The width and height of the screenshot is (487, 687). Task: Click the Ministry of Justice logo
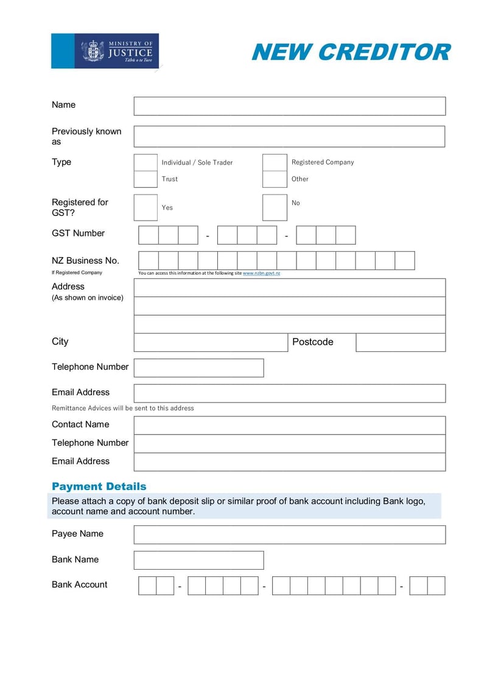pyautogui.click(x=105, y=51)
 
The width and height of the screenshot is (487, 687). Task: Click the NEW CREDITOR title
pyautogui.click(x=351, y=52)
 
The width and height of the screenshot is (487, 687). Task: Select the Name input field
pyautogui.click(x=289, y=106)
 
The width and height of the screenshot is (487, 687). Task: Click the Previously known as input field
pyautogui.click(x=289, y=136)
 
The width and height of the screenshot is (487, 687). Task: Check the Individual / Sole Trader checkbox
pyautogui.click(x=145, y=162)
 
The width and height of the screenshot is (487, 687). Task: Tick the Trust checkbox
pyautogui.click(x=145, y=179)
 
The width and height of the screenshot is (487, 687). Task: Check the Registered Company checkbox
pyautogui.click(x=275, y=162)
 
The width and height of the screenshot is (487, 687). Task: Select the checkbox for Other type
pyautogui.click(x=275, y=179)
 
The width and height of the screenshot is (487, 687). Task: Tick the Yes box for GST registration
pyautogui.click(x=145, y=207)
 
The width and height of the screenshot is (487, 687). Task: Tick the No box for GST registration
pyautogui.click(x=275, y=207)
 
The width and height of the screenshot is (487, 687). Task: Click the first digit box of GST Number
pyautogui.click(x=149, y=235)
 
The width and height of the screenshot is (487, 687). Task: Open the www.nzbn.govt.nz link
pyautogui.click(x=261, y=274)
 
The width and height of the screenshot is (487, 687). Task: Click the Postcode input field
pyautogui.click(x=401, y=342)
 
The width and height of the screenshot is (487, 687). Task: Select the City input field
pyautogui.click(x=210, y=342)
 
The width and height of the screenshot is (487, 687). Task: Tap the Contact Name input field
pyautogui.click(x=289, y=425)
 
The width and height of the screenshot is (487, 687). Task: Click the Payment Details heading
pyautogui.click(x=99, y=486)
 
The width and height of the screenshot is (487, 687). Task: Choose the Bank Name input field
pyautogui.click(x=198, y=560)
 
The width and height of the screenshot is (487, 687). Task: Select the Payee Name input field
pyautogui.click(x=289, y=534)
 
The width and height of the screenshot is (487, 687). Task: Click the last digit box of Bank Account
pyautogui.click(x=436, y=585)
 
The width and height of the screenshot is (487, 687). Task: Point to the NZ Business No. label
pyautogui.click(x=85, y=261)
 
